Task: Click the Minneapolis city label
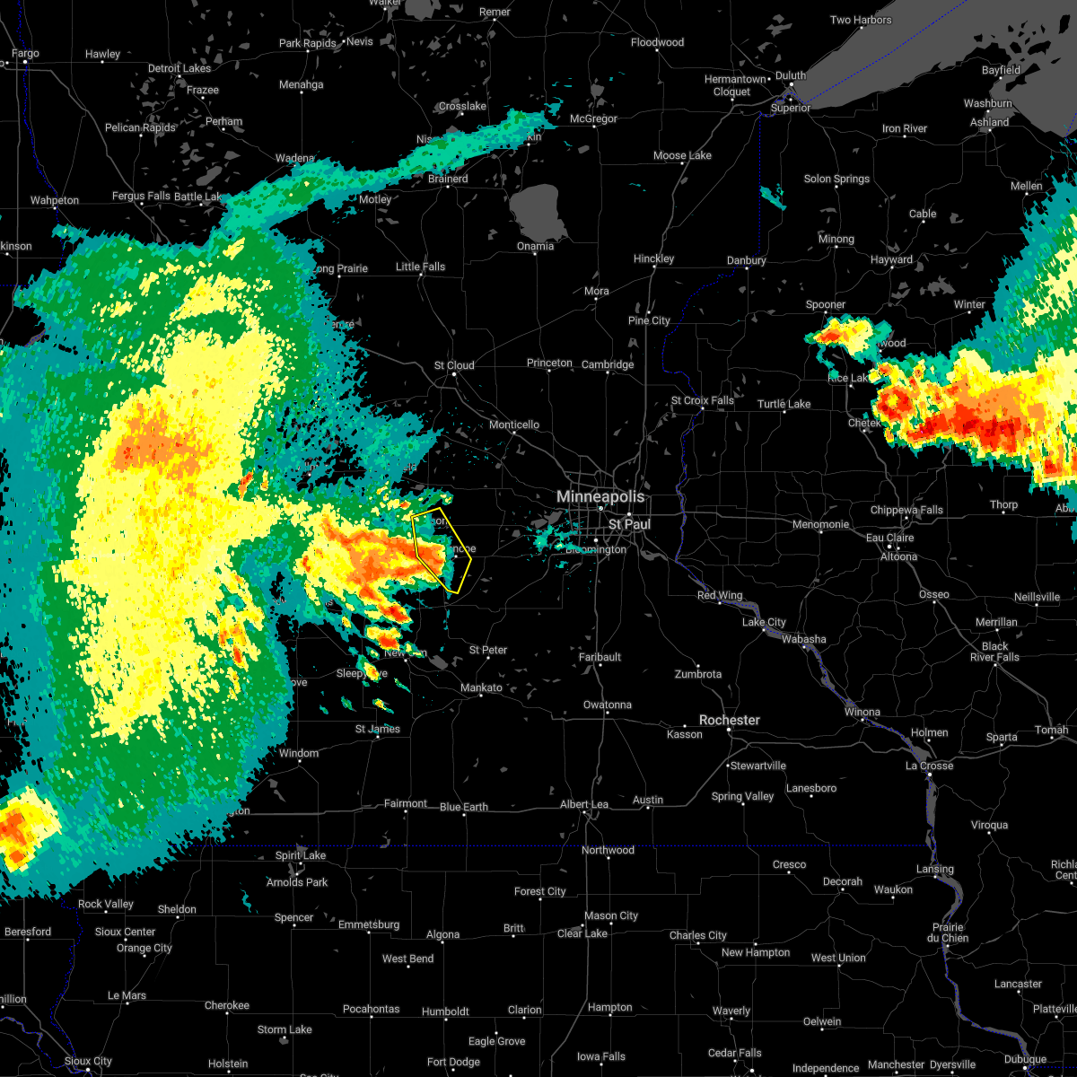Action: pyautogui.click(x=600, y=496)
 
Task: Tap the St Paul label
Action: pyautogui.click(x=628, y=523)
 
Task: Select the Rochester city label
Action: pyautogui.click(x=730, y=720)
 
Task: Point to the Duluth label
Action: pyautogui.click(x=790, y=76)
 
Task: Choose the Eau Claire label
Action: pyautogui.click(x=889, y=538)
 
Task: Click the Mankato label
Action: pyautogui.click(x=481, y=687)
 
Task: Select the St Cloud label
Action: pyautogui.click(x=454, y=365)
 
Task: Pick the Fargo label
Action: pyautogui.click(x=25, y=54)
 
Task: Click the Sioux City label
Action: pyautogui.click(x=89, y=1061)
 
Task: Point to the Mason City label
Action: pyautogui.click(x=611, y=915)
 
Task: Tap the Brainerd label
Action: pyautogui.click(x=448, y=179)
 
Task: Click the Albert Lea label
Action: pyautogui.click(x=584, y=804)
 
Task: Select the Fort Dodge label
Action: pyautogui.click(x=453, y=1062)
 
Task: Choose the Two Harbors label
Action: pyautogui.click(x=861, y=20)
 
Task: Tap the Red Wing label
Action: pyautogui.click(x=720, y=595)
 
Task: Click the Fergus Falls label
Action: pyautogui.click(x=141, y=196)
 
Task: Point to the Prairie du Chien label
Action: pyautogui.click(x=949, y=933)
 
